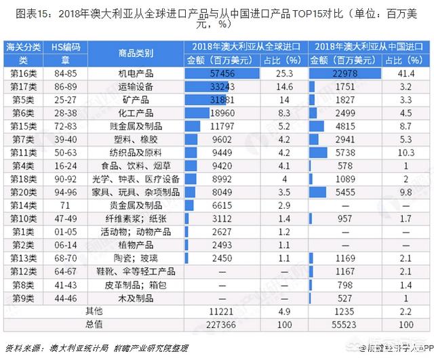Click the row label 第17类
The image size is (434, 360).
pos(22,87)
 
